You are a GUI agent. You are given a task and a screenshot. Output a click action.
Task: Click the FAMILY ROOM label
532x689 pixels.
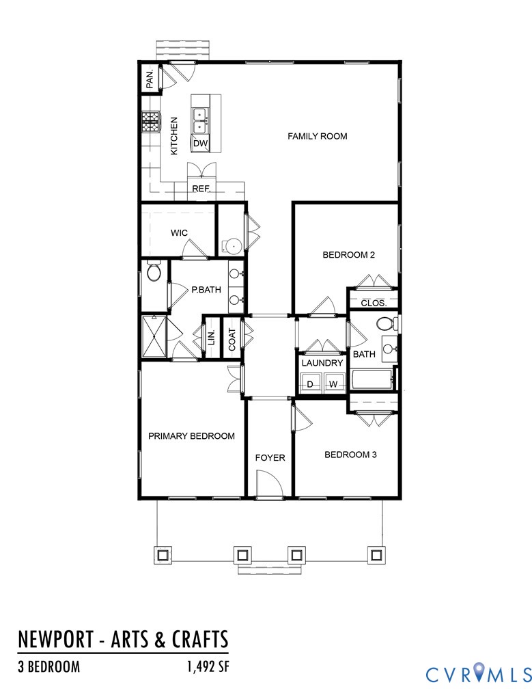click(317, 137)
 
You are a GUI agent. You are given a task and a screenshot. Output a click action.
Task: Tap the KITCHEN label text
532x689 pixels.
click(174, 135)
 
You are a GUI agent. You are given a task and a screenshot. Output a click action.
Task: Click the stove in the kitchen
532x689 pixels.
click(150, 123)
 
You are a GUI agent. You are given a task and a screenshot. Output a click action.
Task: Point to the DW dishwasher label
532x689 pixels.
click(199, 144)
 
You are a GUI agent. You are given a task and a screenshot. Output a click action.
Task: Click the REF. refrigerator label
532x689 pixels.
click(200, 189)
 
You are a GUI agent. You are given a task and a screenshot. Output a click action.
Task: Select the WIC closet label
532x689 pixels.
click(179, 233)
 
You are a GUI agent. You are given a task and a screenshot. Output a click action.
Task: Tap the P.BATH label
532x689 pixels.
click(206, 290)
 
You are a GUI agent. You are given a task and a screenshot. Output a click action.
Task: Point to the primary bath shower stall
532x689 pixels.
click(154, 336)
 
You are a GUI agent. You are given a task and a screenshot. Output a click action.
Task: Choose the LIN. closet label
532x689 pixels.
click(212, 336)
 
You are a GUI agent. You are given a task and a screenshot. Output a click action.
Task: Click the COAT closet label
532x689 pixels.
click(232, 340)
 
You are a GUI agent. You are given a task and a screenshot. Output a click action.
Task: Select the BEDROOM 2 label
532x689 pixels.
click(349, 255)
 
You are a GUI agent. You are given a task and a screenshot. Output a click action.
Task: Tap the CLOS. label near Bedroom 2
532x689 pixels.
click(374, 302)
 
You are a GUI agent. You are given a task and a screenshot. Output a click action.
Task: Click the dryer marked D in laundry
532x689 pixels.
click(311, 384)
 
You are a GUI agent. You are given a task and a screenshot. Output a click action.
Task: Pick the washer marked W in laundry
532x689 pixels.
click(333, 384)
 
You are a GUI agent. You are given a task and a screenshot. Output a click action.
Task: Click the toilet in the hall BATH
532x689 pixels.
click(386, 323)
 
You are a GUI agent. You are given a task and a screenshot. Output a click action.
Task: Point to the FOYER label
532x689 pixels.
click(270, 457)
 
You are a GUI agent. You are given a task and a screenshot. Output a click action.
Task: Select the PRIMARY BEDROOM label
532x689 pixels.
click(191, 436)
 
